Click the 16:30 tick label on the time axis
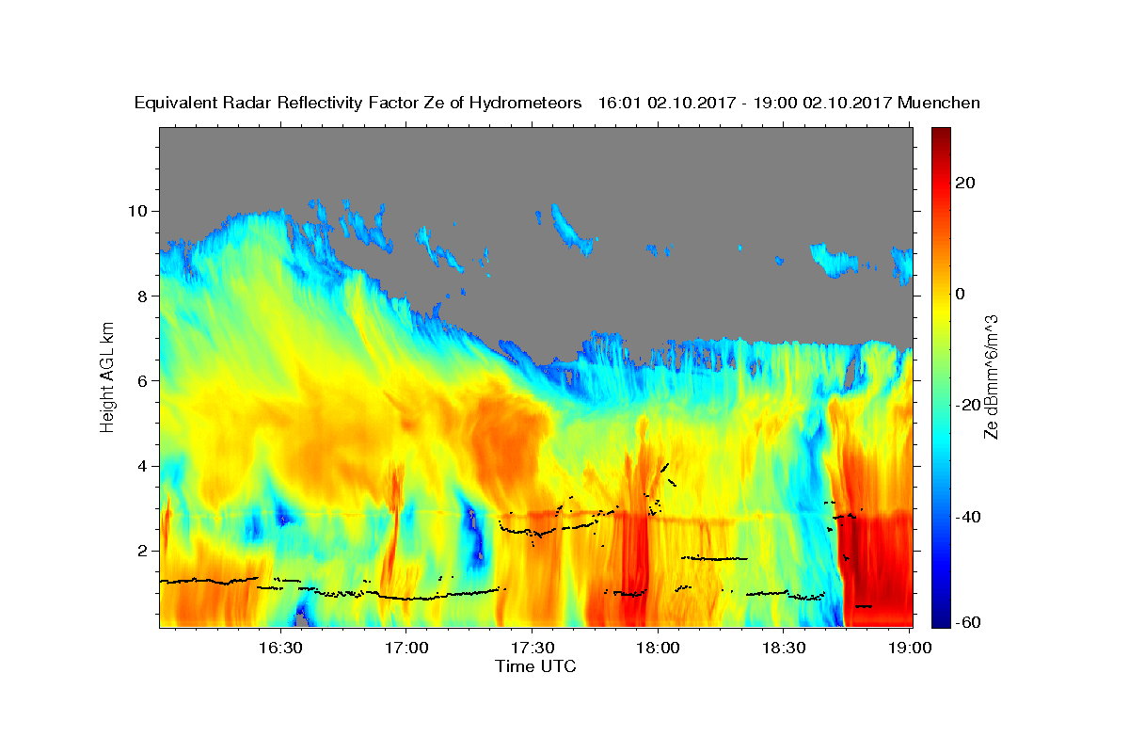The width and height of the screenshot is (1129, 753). point(280,648)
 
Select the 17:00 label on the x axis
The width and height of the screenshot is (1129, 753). point(406,648)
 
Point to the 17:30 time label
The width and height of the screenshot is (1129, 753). point(533,648)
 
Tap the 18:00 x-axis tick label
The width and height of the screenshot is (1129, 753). point(658,648)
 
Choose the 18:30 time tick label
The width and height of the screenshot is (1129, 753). point(783,648)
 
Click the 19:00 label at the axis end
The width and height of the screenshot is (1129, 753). point(909,648)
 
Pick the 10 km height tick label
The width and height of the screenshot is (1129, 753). point(137,211)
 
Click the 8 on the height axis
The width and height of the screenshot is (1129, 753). point(143,296)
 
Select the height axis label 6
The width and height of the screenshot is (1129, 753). point(143,381)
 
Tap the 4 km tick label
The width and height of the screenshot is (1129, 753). point(143,466)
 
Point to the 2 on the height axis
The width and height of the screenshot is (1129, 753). point(143,551)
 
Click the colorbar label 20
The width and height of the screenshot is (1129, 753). point(965,183)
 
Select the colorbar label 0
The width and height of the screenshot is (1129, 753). point(961,294)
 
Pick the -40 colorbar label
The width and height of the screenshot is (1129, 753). point(968,517)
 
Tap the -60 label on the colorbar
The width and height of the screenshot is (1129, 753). point(968,622)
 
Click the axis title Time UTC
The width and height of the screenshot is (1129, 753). point(535,666)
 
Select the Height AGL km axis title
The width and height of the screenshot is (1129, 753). point(107,377)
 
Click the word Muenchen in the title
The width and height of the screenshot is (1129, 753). point(939,103)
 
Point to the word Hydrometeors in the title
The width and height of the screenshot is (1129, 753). point(525,104)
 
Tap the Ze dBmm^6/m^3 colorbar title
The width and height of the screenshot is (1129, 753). point(991,377)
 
